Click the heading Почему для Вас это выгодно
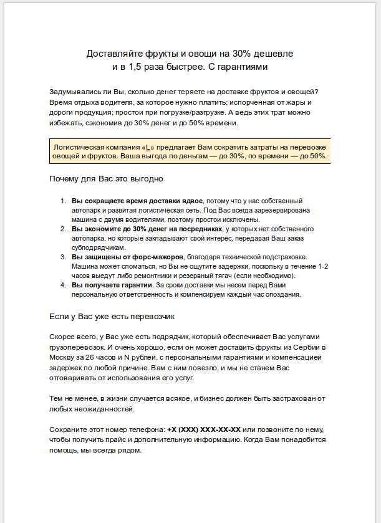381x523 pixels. (x=106, y=179)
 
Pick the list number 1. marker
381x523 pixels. (x=62, y=201)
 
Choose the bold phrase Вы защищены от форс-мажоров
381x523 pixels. (x=127, y=257)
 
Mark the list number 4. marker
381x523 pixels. (x=62, y=285)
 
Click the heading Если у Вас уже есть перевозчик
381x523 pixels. (x=112, y=316)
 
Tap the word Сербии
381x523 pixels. (x=306, y=347)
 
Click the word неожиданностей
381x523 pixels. (x=99, y=409)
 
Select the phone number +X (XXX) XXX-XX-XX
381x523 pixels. (x=204, y=431)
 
